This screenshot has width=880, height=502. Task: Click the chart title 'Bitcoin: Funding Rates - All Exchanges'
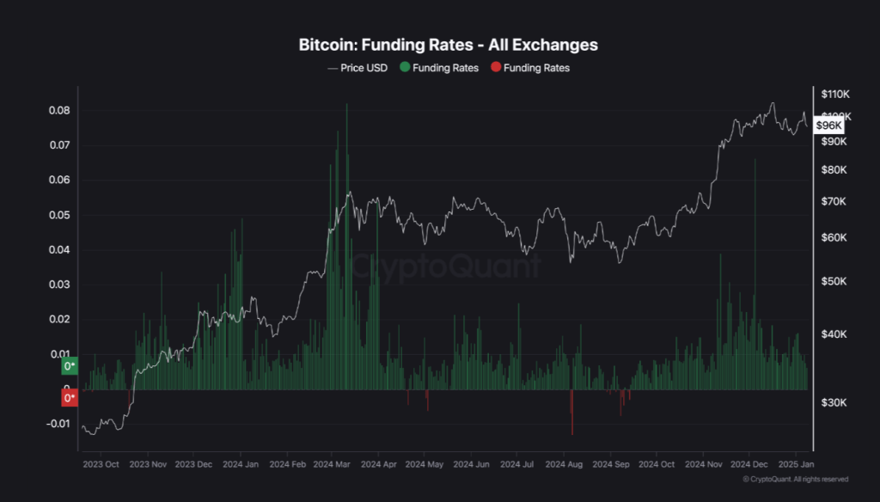(448, 44)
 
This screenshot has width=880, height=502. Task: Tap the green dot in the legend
(405, 68)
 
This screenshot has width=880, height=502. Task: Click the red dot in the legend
(496, 68)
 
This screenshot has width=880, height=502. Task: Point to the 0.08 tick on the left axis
(59, 111)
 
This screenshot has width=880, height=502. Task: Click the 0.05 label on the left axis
(59, 215)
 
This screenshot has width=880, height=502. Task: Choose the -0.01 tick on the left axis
(57, 424)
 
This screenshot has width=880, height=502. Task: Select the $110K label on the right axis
(835, 94)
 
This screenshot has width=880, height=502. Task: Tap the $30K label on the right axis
(834, 402)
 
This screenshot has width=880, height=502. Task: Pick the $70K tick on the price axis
(834, 201)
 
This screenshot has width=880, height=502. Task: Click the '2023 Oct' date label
(100, 464)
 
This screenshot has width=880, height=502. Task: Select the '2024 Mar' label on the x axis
(332, 464)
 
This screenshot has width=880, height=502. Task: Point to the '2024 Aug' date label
(564, 464)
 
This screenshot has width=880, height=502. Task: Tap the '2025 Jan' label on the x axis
(795, 464)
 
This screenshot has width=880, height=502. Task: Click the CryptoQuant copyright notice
(795, 479)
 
